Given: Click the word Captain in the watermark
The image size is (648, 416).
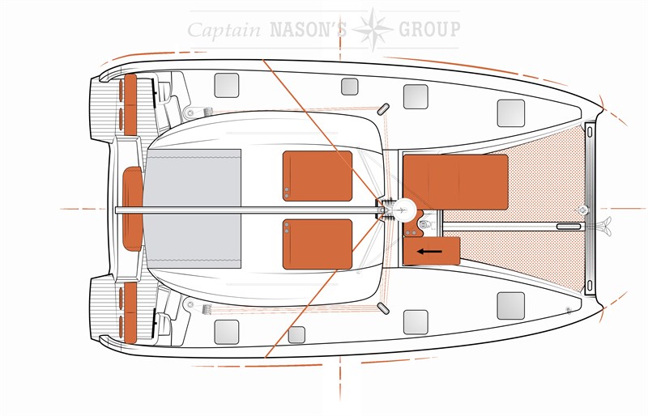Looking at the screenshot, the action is click(x=224, y=30).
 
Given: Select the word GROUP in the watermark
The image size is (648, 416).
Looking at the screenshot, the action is click(x=430, y=29).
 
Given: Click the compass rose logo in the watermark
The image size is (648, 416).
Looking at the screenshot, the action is click(x=373, y=29).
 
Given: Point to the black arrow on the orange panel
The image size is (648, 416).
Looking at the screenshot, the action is click(x=429, y=251).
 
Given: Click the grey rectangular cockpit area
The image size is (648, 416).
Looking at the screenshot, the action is click(x=193, y=208).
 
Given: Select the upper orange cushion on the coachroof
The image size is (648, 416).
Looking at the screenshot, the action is click(x=318, y=176).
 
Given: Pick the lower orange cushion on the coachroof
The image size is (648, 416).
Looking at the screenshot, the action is click(x=318, y=244).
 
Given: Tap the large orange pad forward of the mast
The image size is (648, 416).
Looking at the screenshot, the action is click(x=455, y=182).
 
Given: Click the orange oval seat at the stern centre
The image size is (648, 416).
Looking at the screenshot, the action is click(x=133, y=209).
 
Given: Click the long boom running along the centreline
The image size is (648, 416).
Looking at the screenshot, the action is click(x=248, y=210).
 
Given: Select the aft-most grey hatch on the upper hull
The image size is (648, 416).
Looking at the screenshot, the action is click(x=227, y=86).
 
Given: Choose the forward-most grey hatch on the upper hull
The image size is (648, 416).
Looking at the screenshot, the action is click(x=511, y=112).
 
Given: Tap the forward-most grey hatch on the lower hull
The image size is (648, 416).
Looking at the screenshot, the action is click(x=511, y=306).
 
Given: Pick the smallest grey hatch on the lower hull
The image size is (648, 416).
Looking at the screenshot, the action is click(x=296, y=334).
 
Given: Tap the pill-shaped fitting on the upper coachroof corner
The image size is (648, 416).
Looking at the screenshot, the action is click(x=383, y=108).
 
